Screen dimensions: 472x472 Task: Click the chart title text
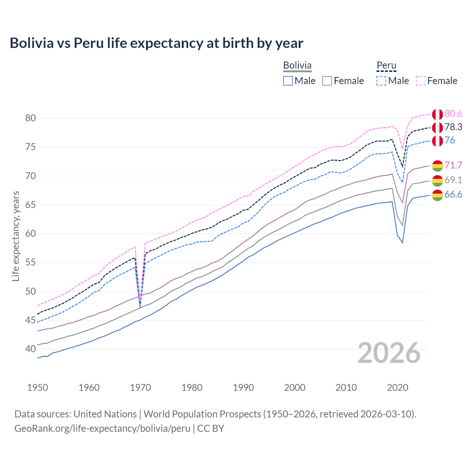(x=156, y=43)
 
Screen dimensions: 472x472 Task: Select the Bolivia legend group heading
(x=297, y=65)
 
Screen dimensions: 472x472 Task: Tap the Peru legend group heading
(x=386, y=65)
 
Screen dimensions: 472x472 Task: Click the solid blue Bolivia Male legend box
(x=288, y=81)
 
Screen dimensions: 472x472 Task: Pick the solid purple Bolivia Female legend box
(x=327, y=81)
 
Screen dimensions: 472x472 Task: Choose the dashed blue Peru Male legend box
(x=381, y=81)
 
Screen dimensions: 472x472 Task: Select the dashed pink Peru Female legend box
(x=421, y=81)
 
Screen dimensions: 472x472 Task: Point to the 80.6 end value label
(x=453, y=114)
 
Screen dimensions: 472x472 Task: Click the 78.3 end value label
(x=453, y=127)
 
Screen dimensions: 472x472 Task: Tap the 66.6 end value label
(x=453, y=195)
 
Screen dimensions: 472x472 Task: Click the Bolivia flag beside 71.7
(x=437, y=166)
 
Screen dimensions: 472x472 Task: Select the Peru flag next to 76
(x=437, y=141)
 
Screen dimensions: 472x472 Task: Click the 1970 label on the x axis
(x=140, y=388)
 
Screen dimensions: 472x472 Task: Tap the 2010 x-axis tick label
(x=346, y=388)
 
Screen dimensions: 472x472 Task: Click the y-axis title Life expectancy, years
(x=15, y=236)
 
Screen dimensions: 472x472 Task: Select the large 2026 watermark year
(x=389, y=353)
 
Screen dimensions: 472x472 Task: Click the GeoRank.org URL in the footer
(x=103, y=428)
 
